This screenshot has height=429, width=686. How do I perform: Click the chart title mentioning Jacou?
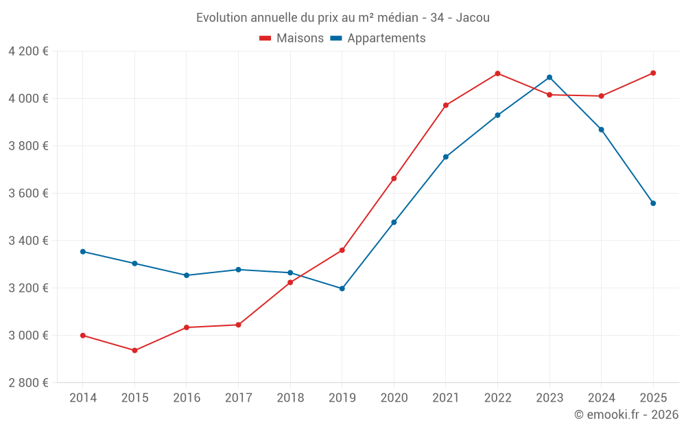tap(342, 17)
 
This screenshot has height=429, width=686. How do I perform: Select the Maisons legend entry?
tap(292, 38)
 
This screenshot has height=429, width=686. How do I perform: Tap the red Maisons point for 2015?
tap(134, 351)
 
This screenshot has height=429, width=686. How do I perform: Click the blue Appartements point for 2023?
tap(549, 78)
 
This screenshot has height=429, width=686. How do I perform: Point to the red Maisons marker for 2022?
tap(497, 73)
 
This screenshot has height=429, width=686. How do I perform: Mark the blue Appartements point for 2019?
tap(342, 288)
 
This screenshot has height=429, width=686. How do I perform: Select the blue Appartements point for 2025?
tap(653, 203)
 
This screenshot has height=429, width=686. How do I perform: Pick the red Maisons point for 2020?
tap(394, 178)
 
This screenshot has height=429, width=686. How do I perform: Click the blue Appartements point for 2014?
tap(83, 252)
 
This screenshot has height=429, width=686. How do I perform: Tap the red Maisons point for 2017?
tap(238, 325)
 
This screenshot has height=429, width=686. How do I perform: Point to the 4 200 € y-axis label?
tap(28, 51)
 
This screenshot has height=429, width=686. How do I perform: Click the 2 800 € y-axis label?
tap(28, 383)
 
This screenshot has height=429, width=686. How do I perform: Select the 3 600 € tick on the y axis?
tap(28, 194)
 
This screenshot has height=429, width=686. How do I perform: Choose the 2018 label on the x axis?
tap(290, 398)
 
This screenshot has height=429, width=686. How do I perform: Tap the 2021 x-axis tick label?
tap(446, 398)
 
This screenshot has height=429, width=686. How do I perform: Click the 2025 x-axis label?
tap(653, 398)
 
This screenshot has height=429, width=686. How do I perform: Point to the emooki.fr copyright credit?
tap(626, 415)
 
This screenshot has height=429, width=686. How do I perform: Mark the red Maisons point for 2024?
tap(601, 96)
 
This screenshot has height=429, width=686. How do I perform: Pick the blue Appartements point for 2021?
tap(446, 157)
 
